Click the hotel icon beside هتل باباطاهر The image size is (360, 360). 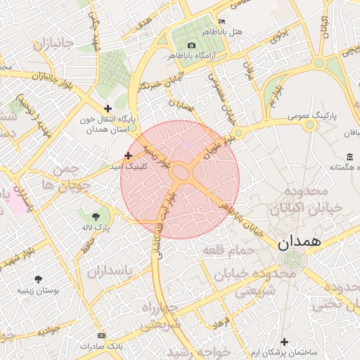pos(223,22)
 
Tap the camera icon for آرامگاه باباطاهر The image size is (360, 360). pos(191,45)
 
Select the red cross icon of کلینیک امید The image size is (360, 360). pos(127,155)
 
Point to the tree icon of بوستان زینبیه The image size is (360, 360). pos(37,278)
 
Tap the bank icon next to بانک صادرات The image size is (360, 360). pos(102,335)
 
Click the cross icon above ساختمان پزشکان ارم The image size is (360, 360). pos(285,340)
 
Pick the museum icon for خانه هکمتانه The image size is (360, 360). pos(350,156)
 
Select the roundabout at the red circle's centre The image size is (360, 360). pos(180,172)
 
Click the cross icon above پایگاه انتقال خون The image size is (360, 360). pos(108,108)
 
